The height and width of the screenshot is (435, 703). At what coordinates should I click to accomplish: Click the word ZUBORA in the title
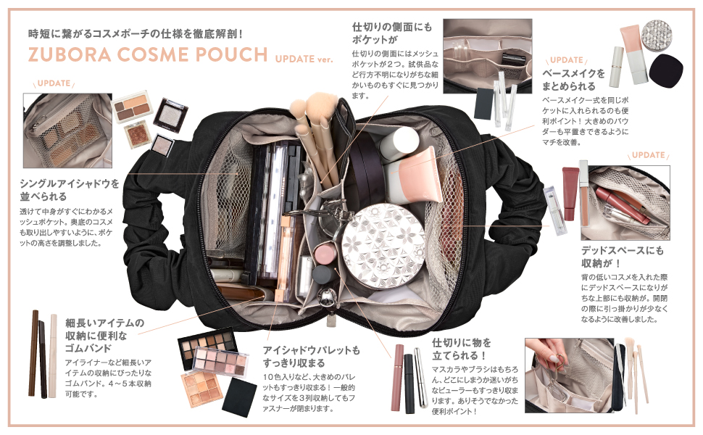point(70,54)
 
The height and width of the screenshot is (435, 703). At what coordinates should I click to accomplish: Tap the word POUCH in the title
point(231,54)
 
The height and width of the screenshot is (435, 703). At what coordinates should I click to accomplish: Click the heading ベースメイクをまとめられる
point(573,79)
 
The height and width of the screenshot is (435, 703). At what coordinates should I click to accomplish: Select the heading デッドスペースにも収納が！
point(623,257)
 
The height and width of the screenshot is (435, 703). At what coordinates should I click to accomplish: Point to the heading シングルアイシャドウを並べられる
point(70,190)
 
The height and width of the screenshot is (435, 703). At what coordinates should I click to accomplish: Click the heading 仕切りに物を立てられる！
point(462,349)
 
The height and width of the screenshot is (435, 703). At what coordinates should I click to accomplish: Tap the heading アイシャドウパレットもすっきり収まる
point(311,357)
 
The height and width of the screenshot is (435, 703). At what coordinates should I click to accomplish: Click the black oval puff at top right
point(666,70)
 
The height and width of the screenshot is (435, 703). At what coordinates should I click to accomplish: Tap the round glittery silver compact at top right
point(657,35)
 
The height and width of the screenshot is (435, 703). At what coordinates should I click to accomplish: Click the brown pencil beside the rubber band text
point(34,353)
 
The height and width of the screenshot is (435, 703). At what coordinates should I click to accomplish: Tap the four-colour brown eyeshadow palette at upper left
point(132,107)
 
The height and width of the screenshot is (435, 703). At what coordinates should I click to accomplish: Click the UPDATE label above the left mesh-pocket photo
point(54,83)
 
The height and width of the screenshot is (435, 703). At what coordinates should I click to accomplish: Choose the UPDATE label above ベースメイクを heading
point(566,60)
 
